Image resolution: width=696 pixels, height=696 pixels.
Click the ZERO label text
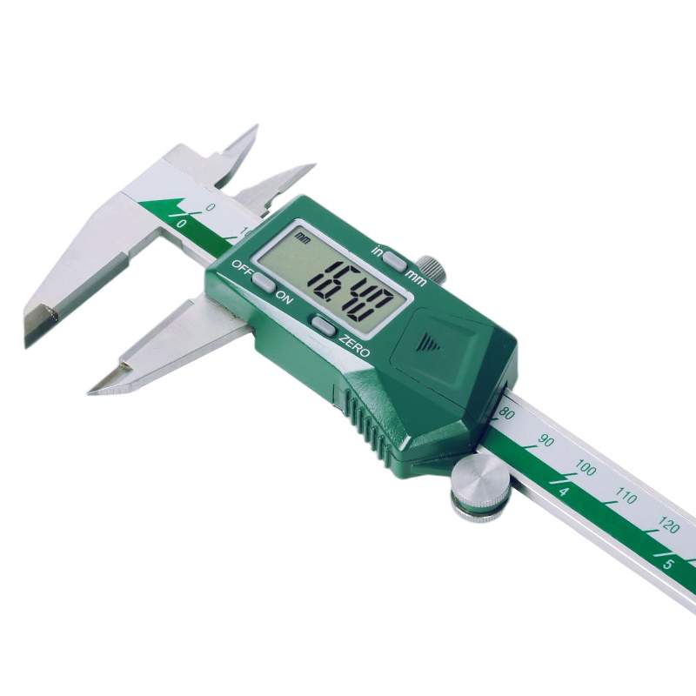coord(355,346)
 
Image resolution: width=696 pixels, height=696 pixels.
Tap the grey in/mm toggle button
coord(394,260)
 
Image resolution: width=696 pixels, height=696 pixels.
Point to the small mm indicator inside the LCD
coord(302,237)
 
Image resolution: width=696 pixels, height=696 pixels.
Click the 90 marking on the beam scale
coord(546,441)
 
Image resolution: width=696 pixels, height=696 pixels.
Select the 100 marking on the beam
coord(586,470)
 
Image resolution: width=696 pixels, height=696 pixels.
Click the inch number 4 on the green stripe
coord(564,493)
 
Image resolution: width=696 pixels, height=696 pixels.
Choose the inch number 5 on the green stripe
coord(668,564)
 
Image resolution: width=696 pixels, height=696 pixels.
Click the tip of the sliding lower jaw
coord(93,390)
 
